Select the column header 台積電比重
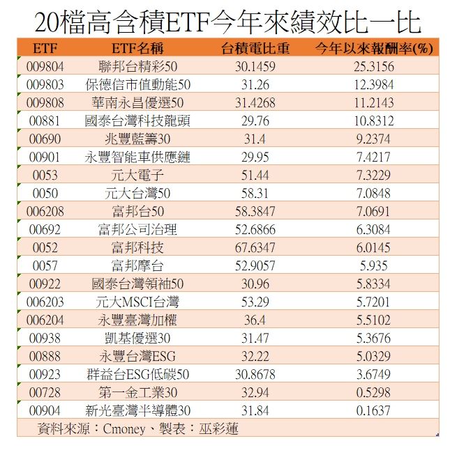255,49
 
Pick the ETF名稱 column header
137,49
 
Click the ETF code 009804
45,67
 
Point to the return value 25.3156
373,67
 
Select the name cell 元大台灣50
137,193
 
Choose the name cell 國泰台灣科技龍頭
137,121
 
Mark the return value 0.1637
373,410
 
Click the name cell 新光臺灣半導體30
137,410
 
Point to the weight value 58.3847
255,211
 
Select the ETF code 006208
45,211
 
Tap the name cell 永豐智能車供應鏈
137,157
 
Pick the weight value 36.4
255,320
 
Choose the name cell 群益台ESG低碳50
137,374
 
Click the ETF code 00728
45,392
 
